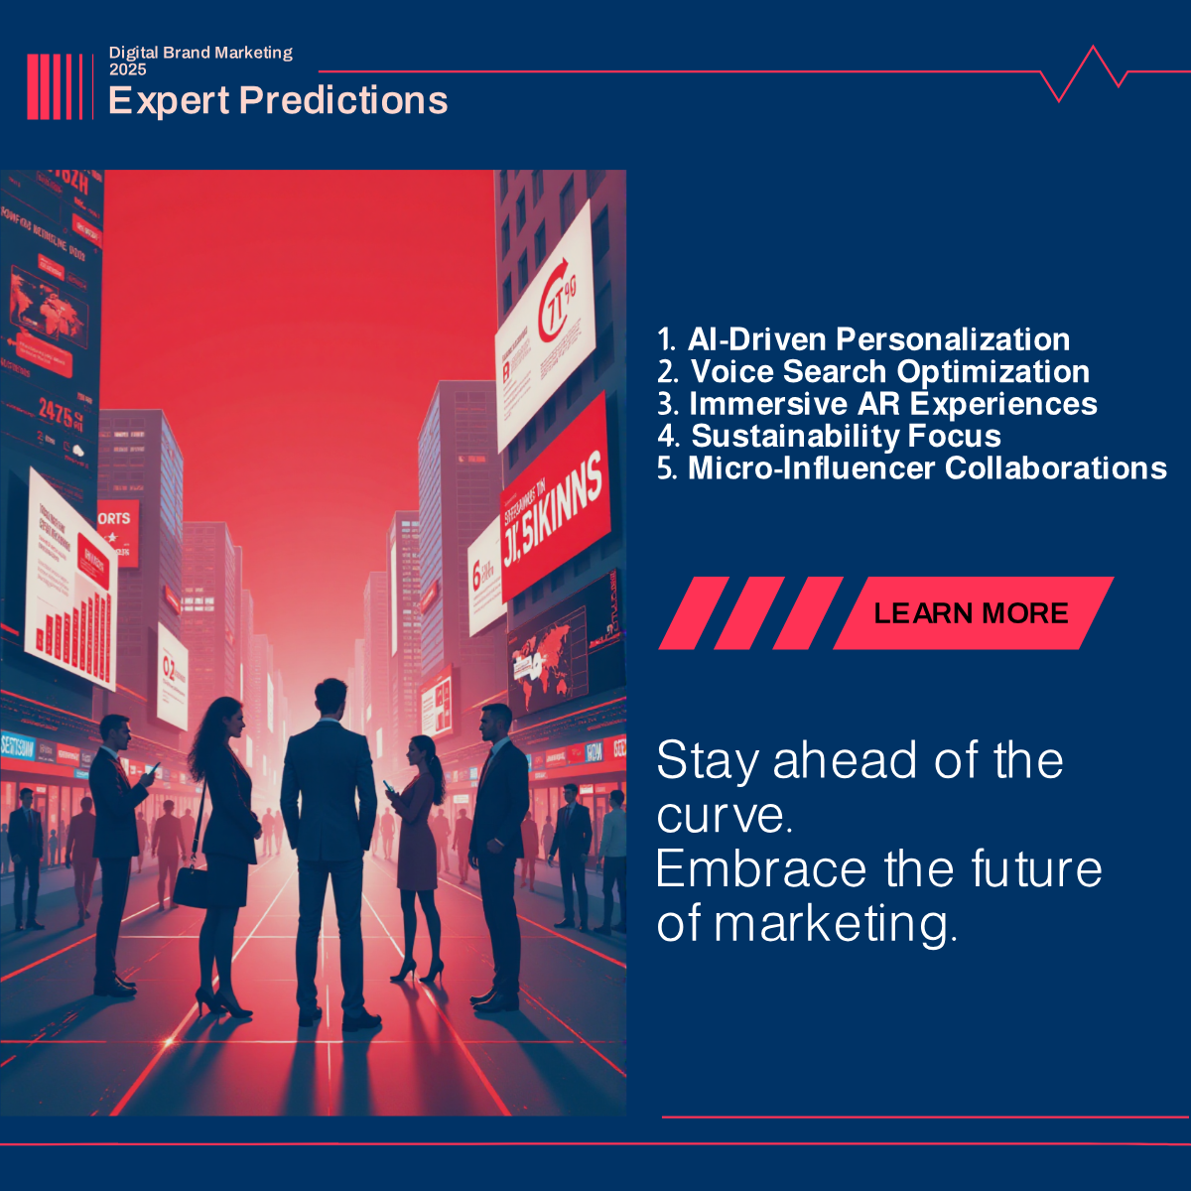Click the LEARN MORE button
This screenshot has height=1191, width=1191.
(971, 613)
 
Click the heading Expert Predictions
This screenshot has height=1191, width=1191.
(278, 101)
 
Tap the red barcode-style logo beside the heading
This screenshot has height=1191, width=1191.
(55, 86)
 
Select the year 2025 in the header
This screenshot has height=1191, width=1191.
(128, 69)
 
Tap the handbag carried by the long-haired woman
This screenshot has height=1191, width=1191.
(191, 885)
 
